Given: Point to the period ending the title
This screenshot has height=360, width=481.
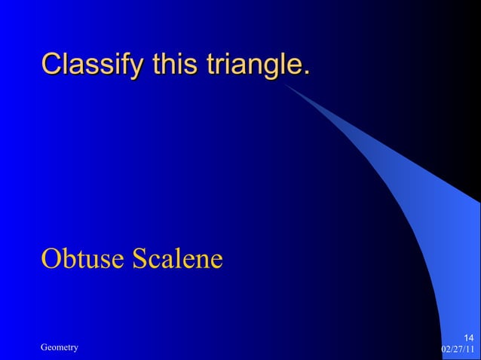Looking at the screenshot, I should click(305, 74).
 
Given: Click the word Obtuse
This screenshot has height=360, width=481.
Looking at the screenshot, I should click(82, 258).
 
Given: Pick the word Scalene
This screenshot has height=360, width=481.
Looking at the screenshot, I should click(177, 258).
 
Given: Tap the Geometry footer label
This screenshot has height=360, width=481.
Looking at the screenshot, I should click(60, 346).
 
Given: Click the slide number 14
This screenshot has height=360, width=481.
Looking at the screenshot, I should click(467, 337).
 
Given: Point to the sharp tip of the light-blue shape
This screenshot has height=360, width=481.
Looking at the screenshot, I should click(285, 84).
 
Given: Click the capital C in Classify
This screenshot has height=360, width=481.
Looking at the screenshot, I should click(51, 65).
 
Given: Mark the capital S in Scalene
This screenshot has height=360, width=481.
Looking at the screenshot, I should click(139, 258).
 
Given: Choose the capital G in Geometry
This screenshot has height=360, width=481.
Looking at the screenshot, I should click(44, 346).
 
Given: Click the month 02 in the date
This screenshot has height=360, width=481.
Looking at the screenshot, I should click(445, 349).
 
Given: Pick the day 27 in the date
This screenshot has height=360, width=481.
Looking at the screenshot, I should click(458, 349).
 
